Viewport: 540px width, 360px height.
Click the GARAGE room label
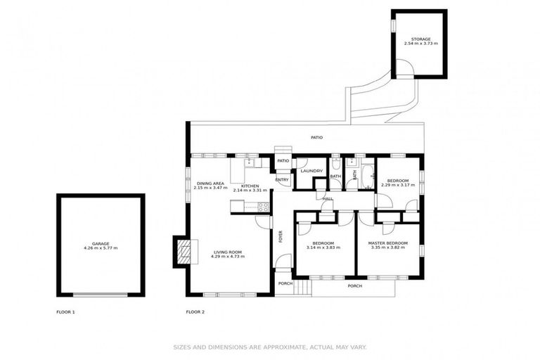coord(101,244)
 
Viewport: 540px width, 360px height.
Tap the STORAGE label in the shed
coord(420,39)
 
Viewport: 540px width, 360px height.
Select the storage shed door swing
coord(404,68)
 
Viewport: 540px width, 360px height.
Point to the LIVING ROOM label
coord(227,252)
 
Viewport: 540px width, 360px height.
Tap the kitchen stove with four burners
coord(264,207)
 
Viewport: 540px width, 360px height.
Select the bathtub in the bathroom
coord(366,176)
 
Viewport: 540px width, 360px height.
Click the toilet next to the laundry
coord(336,163)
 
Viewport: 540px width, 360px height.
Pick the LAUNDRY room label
coord(311,171)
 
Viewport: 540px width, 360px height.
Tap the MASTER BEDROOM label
coord(388,243)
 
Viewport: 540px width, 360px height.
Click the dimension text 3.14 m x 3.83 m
coord(324,247)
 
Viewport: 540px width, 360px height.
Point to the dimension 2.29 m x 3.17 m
coord(395,185)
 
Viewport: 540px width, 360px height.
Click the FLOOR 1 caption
coord(65,311)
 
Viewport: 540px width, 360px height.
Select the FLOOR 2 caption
coord(195,311)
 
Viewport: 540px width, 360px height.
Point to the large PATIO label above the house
coord(317,137)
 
